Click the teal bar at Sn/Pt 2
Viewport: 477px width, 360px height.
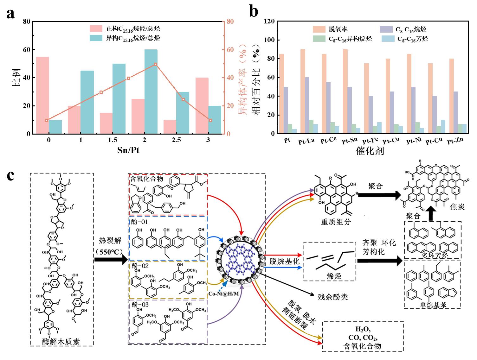click(151, 92)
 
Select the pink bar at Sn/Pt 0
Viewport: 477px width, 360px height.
click(42, 95)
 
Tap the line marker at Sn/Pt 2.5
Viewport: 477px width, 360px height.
click(183, 99)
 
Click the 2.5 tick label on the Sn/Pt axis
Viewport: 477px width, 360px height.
click(176, 140)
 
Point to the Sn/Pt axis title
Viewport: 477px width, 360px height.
click(128, 150)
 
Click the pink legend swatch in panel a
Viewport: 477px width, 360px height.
click(96, 29)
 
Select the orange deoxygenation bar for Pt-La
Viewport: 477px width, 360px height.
click(303, 91)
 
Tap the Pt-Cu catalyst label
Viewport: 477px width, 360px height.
click(434, 141)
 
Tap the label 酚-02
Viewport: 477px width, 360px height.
click(140, 266)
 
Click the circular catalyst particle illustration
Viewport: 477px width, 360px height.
click(240, 259)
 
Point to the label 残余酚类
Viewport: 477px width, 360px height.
click(332, 296)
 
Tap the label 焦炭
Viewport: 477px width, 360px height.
click(457, 207)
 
